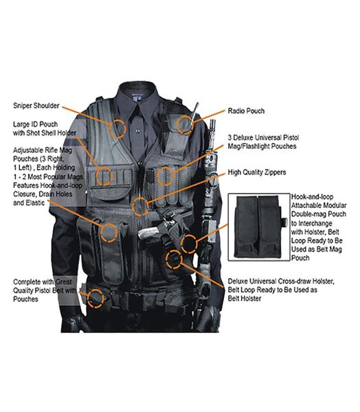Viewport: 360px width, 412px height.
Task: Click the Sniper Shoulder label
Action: pos(36,106)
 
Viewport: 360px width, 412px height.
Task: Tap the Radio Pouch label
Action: pos(245,111)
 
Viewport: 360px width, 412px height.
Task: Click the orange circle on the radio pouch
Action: pos(185,124)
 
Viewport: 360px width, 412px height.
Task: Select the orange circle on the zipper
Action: pos(140,204)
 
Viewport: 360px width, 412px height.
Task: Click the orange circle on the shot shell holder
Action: pos(105,176)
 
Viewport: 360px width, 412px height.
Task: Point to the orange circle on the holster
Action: pos(175,260)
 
